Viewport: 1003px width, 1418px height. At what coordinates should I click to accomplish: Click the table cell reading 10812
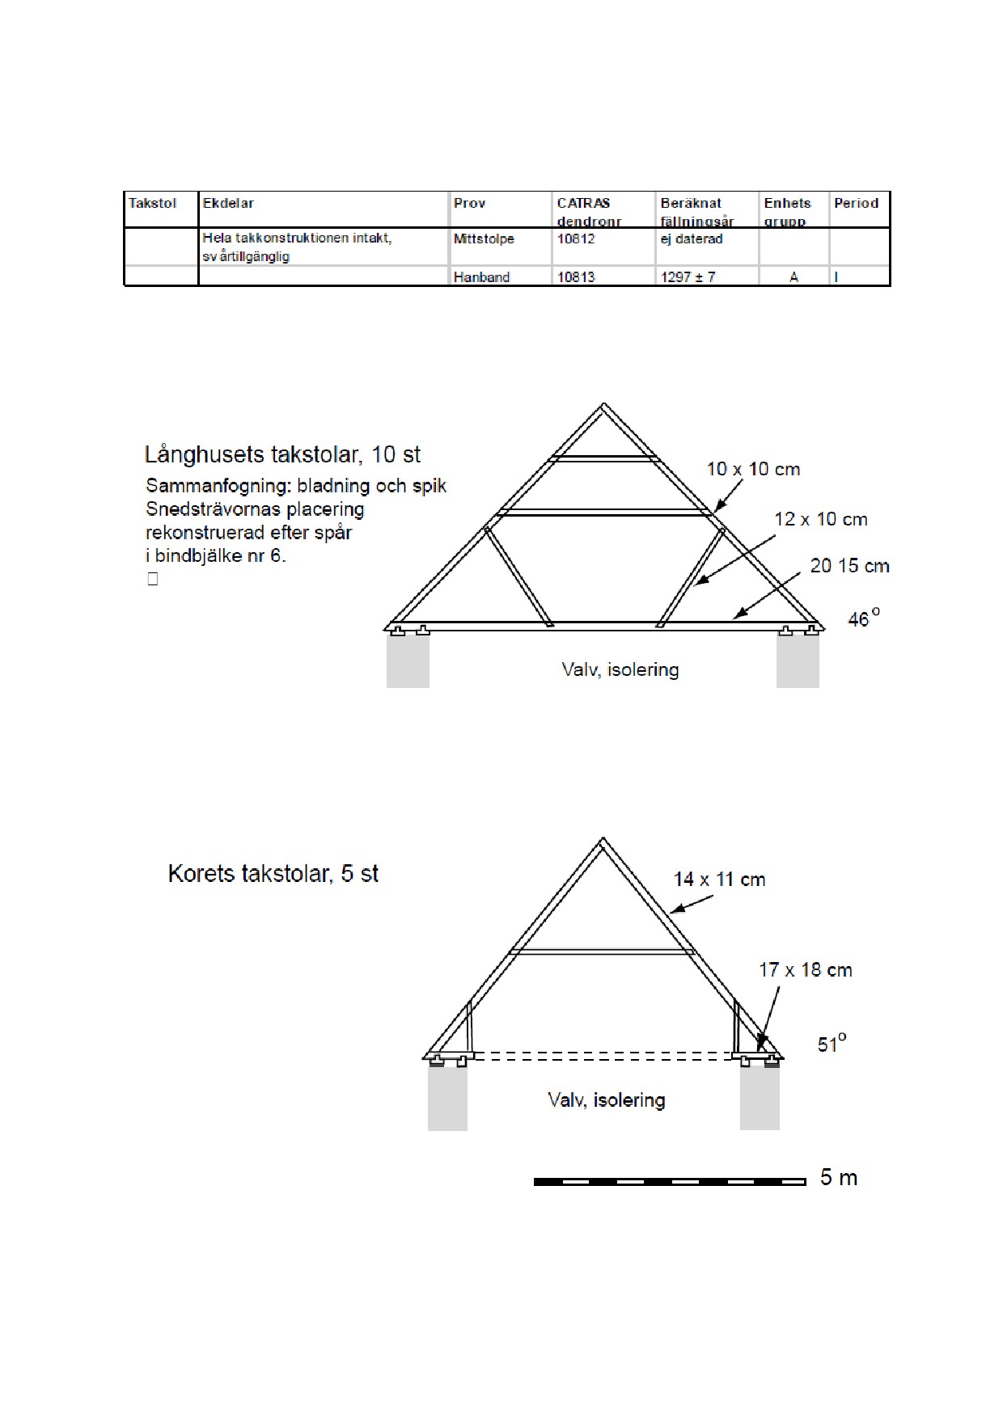(576, 238)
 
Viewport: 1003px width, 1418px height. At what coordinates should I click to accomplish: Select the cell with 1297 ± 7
(688, 276)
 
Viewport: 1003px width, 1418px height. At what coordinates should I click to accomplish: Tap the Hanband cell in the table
(481, 276)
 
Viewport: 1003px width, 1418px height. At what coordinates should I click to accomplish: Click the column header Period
(856, 203)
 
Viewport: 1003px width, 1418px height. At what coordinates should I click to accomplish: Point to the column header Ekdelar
(228, 203)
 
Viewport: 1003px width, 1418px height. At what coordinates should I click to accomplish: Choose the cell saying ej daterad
(692, 238)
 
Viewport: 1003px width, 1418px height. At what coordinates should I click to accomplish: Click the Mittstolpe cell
(484, 238)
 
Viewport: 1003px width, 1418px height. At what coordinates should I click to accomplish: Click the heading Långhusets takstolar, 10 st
(282, 454)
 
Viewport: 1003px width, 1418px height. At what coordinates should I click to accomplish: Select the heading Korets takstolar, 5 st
(273, 873)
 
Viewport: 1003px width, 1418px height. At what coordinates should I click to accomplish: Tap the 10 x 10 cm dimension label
(753, 469)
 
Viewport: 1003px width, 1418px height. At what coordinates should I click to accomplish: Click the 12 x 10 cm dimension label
(820, 519)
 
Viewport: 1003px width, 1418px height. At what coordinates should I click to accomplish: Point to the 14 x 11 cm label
(719, 879)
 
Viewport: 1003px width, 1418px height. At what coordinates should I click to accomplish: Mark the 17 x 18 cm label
(805, 969)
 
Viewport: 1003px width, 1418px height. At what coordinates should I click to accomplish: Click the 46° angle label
(862, 618)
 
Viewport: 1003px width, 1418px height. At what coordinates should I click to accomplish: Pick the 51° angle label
(832, 1044)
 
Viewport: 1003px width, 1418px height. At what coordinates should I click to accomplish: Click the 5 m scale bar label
(838, 1177)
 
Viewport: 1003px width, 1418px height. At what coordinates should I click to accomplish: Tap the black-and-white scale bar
(670, 1182)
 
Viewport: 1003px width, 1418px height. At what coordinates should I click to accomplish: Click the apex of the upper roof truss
(603, 405)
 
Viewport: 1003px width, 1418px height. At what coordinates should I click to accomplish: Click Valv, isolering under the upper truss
(620, 669)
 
